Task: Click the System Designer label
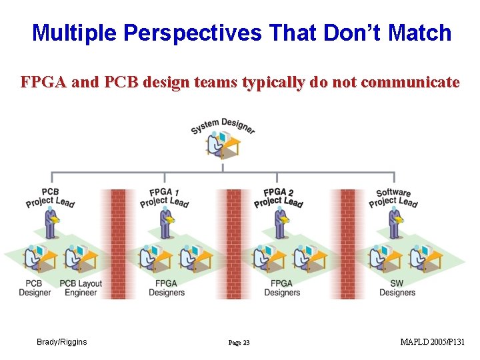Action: pos(223,125)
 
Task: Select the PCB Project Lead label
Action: pos(50,197)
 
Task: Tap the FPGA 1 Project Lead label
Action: pos(164,197)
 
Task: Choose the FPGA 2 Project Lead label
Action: pos(278,197)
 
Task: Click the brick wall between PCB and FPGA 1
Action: pos(118,243)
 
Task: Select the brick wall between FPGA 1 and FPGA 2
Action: pos(233,243)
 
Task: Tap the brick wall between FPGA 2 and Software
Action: pos(348,243)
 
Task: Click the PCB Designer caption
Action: pos(35,288)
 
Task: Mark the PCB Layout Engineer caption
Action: pos(81,288)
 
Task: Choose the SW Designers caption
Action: pos(397,288)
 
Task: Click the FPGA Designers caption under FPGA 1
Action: pos(167,288)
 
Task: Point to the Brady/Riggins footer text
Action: pos(61,342)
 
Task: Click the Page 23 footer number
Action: pos(239,343)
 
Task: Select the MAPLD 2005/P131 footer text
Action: pos(432,342)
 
